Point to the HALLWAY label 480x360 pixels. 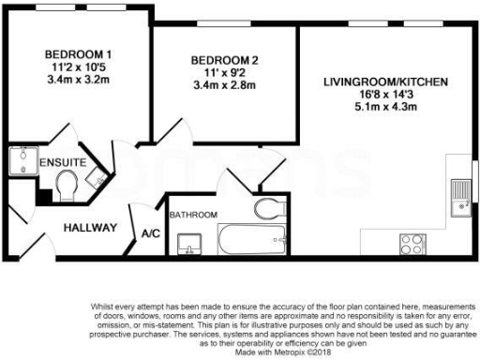click(x=90, y=228)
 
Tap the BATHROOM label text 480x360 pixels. click(x=193, y=215)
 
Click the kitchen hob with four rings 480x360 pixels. click(x=412, y=244)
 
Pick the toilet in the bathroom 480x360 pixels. click(x=267, y=207)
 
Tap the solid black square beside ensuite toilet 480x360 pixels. click(x=44, y=195)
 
